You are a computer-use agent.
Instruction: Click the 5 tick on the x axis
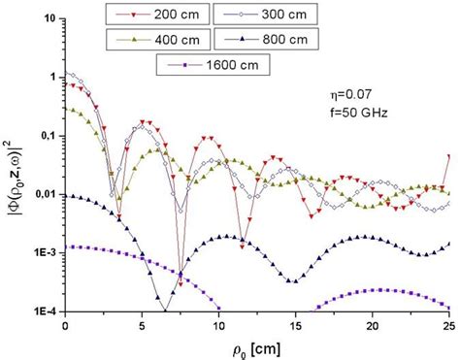point(142,326)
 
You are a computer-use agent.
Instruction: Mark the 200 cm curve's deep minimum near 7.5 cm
point(180,283)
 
